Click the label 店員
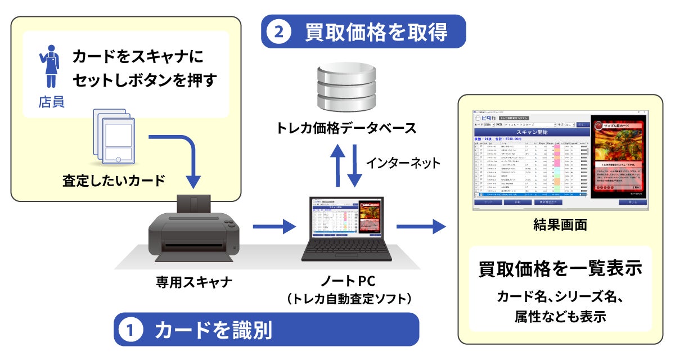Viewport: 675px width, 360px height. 51,102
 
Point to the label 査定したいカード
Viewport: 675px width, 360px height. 114,181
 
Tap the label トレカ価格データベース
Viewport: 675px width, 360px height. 346,128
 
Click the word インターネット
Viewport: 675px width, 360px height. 403,163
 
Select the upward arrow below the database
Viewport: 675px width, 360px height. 338,164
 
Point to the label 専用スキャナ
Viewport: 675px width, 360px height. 194,282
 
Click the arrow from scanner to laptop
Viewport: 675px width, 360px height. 273,227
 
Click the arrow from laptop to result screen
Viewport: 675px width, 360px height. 420,227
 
